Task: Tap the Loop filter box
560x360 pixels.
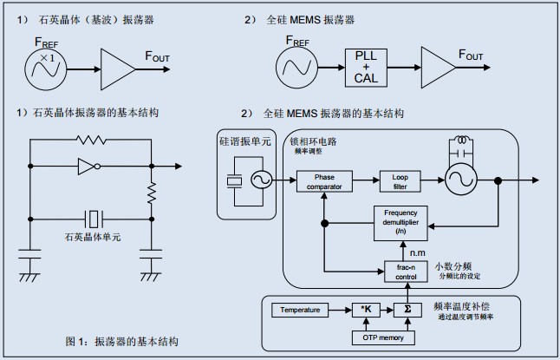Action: pyautogui.click(x=399, y=180)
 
